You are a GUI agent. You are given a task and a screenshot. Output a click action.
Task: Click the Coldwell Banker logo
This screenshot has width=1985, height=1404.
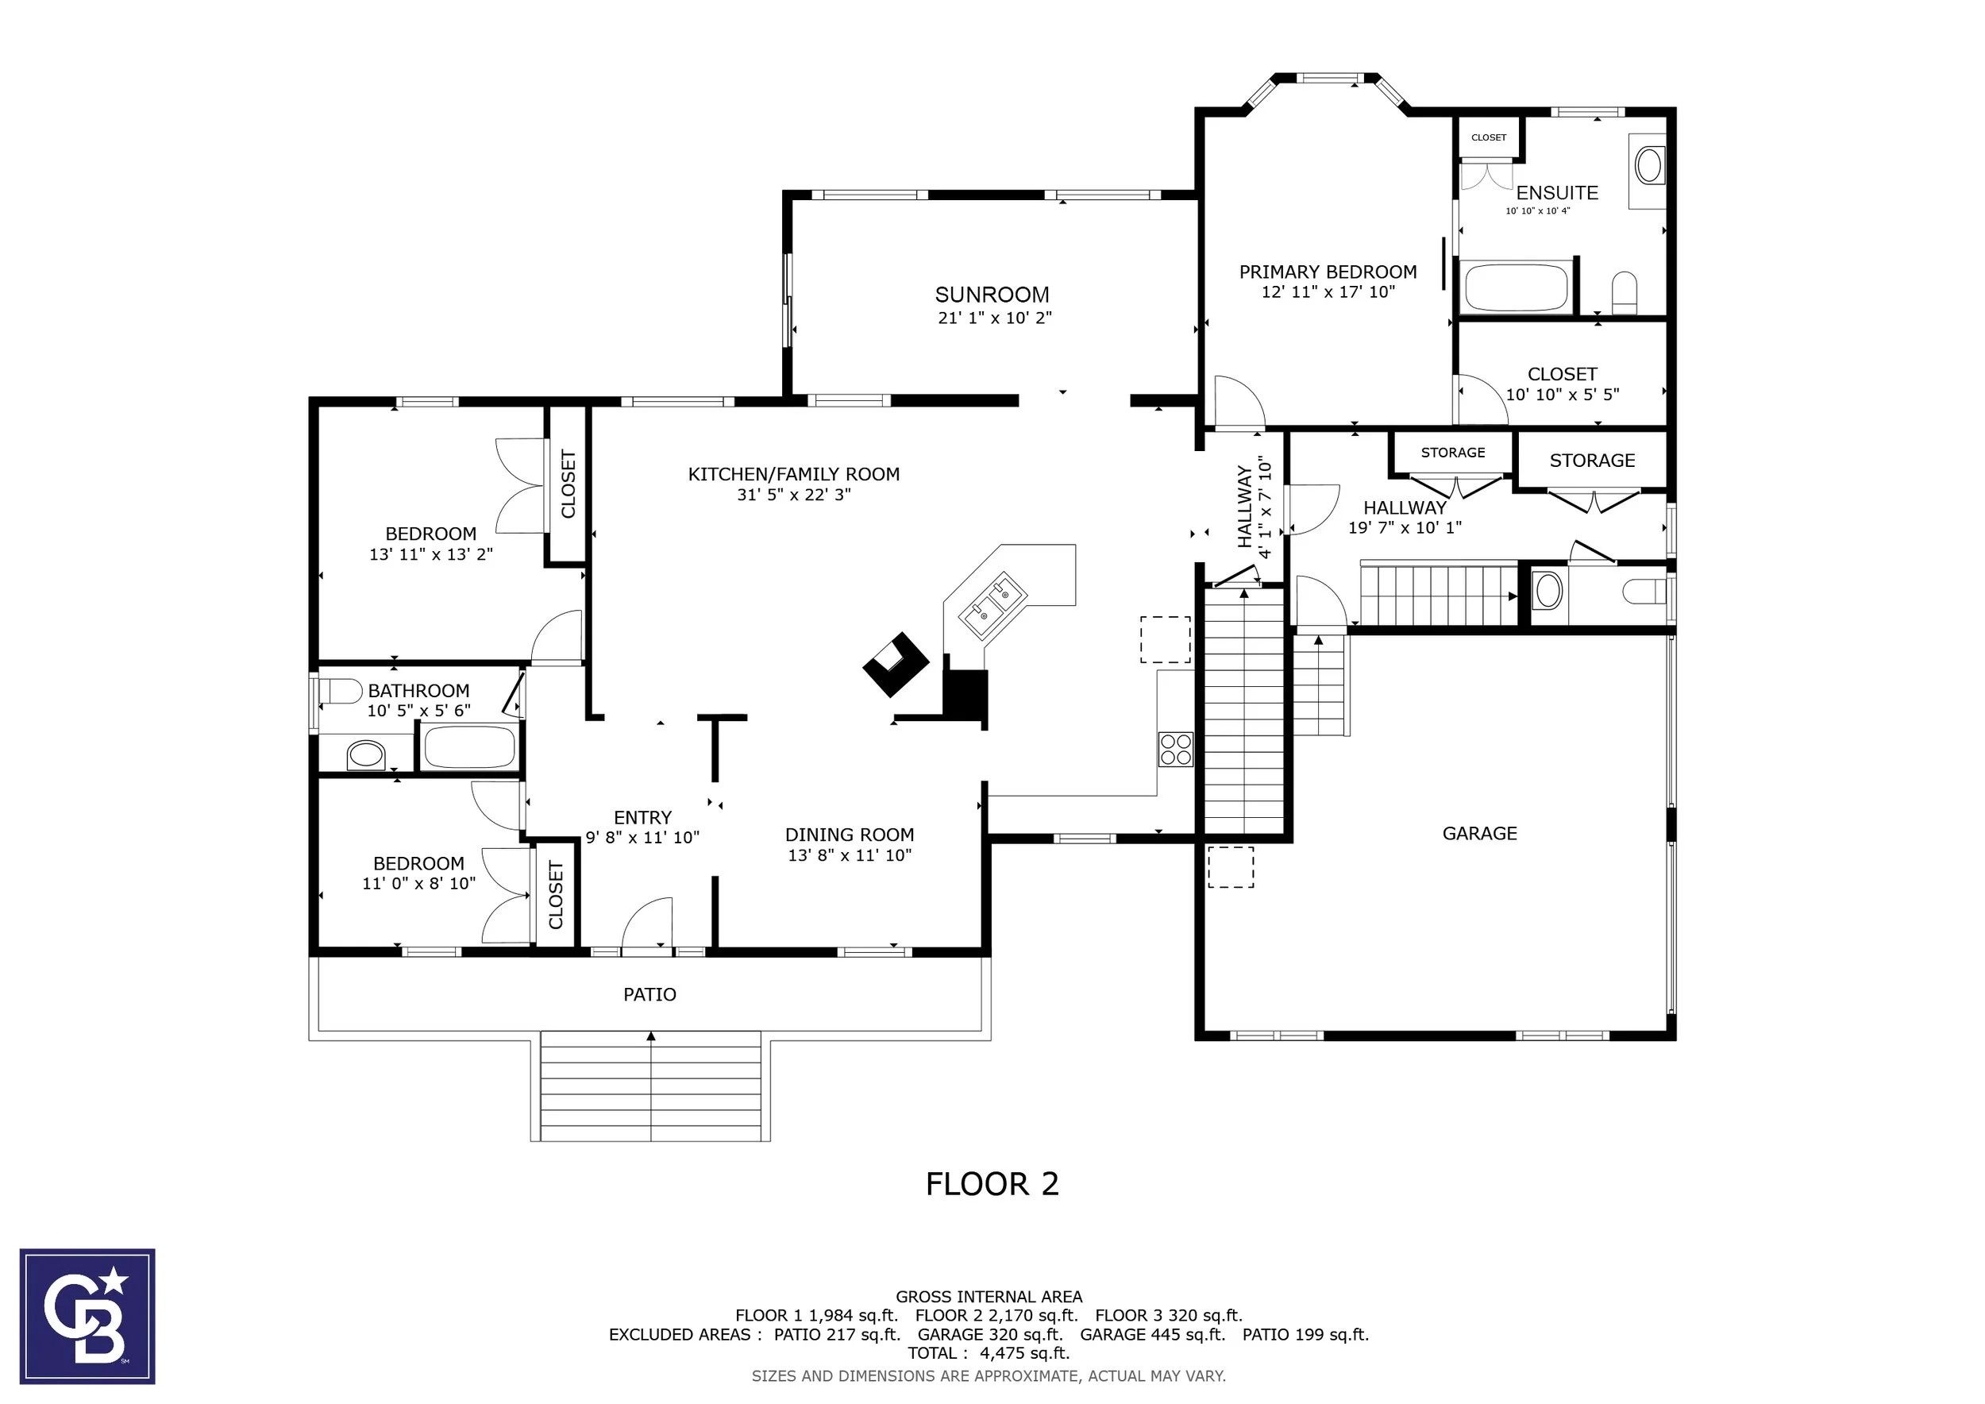(x=87, y=1316)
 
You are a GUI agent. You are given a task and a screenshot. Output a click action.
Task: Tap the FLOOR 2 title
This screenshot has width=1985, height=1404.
(x=992, y=1183)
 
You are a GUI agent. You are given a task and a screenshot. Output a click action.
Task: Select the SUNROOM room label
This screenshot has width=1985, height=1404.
(x=992, y=294)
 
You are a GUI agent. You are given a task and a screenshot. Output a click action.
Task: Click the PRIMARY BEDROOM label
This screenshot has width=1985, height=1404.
(x=1328, y=272)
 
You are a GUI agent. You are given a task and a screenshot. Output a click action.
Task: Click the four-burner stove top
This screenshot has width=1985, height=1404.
(x=1176, y=749)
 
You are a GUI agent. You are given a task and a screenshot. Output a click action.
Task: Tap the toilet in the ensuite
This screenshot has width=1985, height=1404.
(x=1625, y=293)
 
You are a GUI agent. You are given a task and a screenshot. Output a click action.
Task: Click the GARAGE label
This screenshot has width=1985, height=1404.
(x=1479, y=833)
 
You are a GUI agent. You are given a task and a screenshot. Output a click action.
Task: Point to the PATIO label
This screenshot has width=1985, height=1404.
(x=650, y=994)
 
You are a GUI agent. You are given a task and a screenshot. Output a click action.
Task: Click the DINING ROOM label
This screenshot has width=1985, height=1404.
(x=849, y=835)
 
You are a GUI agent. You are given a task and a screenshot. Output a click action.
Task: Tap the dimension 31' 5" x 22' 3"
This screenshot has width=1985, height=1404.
(x=794, y=496)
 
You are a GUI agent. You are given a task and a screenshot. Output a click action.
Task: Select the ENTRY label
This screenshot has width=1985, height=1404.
(x=642, y=818)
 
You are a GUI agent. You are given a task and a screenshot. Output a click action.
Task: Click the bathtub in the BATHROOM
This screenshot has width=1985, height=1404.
(x=469, y=747)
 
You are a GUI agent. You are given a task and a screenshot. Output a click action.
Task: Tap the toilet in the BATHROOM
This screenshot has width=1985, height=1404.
(x=341, y=692)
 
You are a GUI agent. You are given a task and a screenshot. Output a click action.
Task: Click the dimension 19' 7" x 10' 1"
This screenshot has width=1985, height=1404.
(x=1405, y=527)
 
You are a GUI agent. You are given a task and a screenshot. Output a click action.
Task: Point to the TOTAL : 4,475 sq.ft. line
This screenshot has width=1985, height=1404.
(x=989, y=1353)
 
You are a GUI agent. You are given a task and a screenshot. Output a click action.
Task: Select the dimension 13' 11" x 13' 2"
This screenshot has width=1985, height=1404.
(x=430, y=554)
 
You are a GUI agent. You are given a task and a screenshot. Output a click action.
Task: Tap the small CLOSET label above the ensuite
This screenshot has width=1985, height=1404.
(x=1489, y=137)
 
